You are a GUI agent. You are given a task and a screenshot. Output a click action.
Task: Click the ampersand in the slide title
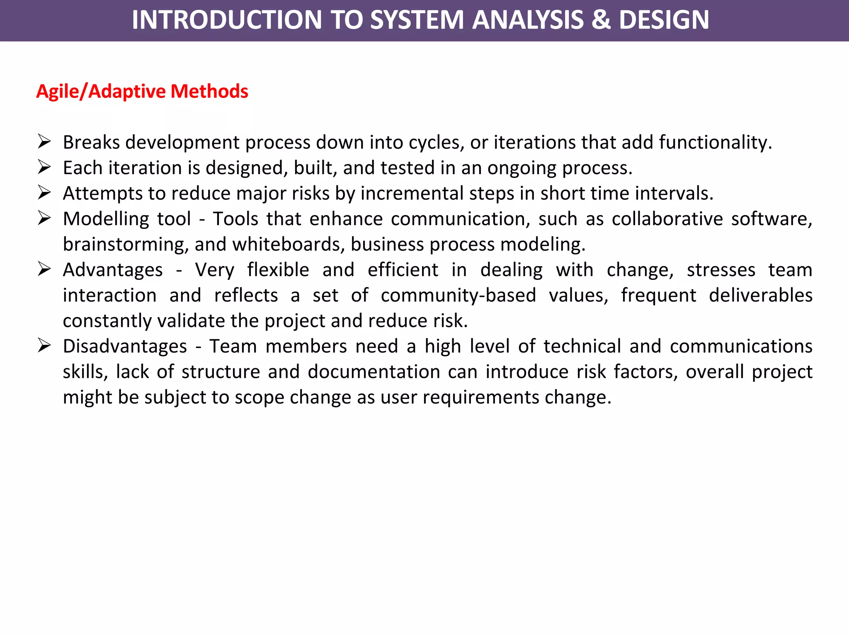[601, 20]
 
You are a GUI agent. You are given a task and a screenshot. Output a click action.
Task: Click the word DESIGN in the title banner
[664, 20]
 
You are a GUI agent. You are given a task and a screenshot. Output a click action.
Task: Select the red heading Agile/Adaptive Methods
[142, 91]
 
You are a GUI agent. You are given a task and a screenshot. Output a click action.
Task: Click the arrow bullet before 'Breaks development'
[44, 141]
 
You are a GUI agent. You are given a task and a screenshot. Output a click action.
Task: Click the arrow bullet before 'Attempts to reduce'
[44, 192]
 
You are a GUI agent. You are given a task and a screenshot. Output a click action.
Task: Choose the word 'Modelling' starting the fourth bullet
[106, 219]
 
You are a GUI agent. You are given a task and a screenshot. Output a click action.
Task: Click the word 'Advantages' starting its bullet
[113, 270]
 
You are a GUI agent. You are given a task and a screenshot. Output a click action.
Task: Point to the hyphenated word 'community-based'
[458, 295]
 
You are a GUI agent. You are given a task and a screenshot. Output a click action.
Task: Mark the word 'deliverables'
[760, 295]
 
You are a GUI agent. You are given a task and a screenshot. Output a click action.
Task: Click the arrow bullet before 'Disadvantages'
[44, 345]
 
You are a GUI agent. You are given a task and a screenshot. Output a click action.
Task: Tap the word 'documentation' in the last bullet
[374, 372]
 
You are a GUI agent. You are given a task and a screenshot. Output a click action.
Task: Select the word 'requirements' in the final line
[480, 397]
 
